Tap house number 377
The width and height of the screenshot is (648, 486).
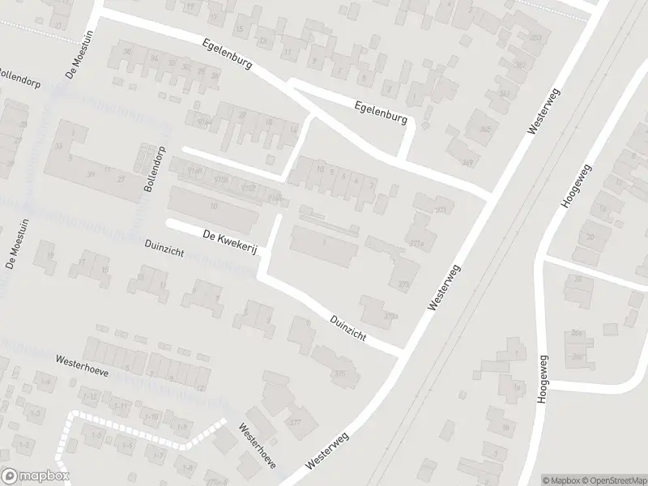(296, 423)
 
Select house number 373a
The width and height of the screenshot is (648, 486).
(392, 315)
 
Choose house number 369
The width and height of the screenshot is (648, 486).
(441, 211)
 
